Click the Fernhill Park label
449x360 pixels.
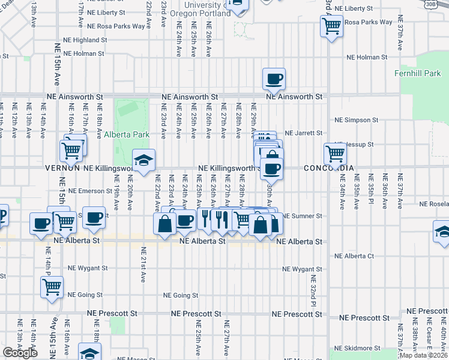click(426, 73)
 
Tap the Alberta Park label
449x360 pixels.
click(127, 134)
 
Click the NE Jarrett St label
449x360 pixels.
click(303, 133)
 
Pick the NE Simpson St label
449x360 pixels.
click(357, 120)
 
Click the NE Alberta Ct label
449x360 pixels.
click(354, 256)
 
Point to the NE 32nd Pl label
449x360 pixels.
click(313, 290)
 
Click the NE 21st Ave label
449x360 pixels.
click(144, 265)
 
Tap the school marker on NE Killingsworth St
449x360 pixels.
click(143, 161)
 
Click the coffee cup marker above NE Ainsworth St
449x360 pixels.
click(274, 79)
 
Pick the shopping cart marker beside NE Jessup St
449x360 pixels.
click(335, 154)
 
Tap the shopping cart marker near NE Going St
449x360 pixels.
click(52, 287)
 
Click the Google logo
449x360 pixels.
click(20, 353)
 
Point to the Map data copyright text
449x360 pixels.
click(423, 355)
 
